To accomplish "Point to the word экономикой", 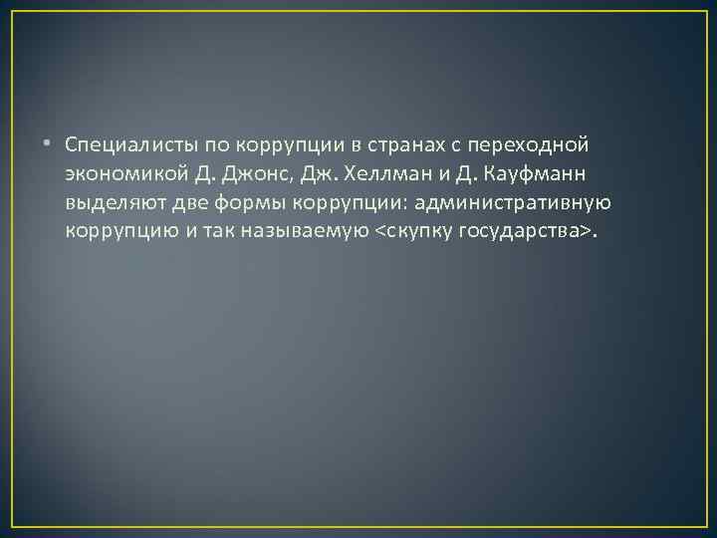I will pos(126,175).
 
